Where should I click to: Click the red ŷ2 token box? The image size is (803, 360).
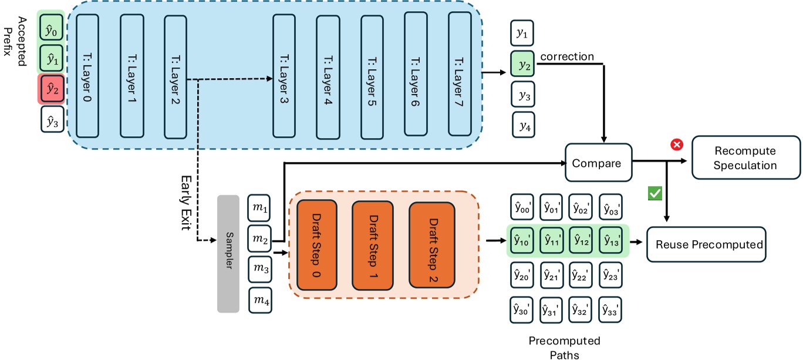point(52,89)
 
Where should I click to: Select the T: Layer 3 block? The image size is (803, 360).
point(284,76)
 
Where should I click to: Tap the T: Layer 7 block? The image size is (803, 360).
point(460,74)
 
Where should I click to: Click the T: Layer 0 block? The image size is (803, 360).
point(87,76)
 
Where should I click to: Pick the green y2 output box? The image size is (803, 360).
point(522,64)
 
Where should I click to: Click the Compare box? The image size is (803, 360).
point(598,163)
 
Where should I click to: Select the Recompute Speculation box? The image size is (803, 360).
point(745,157)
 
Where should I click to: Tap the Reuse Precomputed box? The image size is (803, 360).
point(706,244)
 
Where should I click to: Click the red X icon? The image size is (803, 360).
point(677,144)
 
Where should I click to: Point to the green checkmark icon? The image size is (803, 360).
point(655,193)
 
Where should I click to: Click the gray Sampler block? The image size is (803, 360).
point(228,254)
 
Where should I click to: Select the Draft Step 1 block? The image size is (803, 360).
point(373,245)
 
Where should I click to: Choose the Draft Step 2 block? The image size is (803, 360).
point(432,245)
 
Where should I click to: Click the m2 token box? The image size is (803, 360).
point(259,238)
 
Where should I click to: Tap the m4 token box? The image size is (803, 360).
point(260,300)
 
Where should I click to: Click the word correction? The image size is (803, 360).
point(567,56)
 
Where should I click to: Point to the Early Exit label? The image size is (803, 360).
point(186,203)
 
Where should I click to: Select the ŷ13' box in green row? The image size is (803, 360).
point(611,240)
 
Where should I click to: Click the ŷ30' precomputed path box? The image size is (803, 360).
point(522,309)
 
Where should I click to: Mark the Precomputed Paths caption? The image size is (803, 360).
point(565,348)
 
